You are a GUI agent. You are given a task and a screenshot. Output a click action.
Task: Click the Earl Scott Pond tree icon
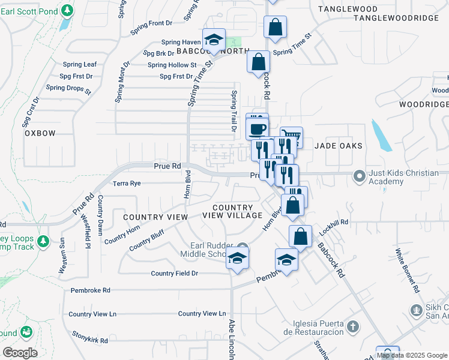[67, 11]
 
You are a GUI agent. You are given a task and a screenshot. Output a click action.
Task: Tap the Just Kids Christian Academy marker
[360, 176]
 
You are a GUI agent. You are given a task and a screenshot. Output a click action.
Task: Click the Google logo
[20, 352]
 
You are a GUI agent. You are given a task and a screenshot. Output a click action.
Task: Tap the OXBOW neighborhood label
[40, 133]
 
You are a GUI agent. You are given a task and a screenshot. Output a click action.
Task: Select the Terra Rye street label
[127, 184]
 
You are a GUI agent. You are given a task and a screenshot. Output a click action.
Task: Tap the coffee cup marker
[258, 129]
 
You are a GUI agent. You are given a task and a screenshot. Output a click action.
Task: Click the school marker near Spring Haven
[213, 40]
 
